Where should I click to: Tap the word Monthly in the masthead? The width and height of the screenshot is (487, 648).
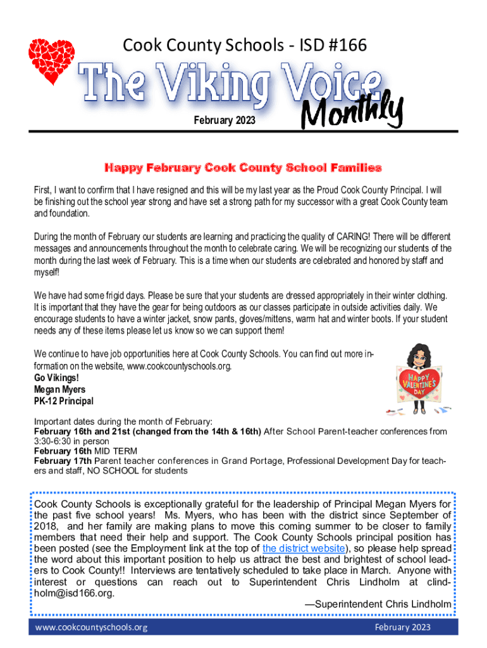point(352,113)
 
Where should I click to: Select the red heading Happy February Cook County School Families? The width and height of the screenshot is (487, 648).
point(243,168)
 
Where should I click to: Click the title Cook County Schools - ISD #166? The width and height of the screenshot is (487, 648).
point(244,46)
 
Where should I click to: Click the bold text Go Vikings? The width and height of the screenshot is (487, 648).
point(56,378)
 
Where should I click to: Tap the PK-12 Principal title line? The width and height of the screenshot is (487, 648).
point(63,401)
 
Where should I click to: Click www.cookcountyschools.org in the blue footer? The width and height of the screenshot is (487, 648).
point(92,627)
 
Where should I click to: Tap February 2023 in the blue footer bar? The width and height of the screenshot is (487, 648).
point(402,627)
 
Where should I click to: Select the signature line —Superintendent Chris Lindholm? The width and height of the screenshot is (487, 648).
point(378,604)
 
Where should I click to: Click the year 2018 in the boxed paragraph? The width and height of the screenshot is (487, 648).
point(46,525)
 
